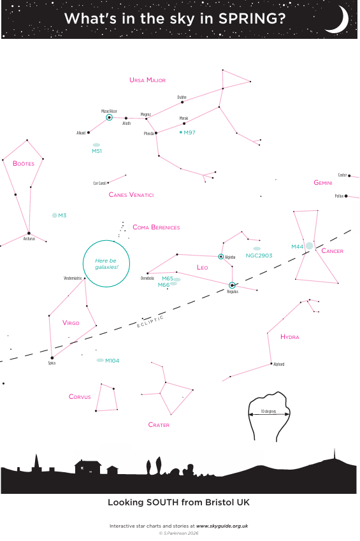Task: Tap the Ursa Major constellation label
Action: click(x=147, y=80)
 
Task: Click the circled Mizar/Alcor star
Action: click(x=109, y=117)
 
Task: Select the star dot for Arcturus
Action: click(x=29, y=233)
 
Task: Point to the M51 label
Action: click(x=97, y=151)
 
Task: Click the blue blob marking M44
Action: click(x=309, y=246)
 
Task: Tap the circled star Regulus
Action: click(x=232, y=285)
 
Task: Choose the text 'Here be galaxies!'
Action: click(x=106, y=264)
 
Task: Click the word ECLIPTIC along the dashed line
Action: click(x=150, y=322)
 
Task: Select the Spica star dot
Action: click(x=52, y=357)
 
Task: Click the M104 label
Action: click(x=112, y=361)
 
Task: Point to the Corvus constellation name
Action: click(x=80, y=397)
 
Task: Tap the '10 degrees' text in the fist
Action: click(x=268, y=411)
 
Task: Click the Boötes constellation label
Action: click(x=24, y=163)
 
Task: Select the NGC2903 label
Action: click(x=259, y=256)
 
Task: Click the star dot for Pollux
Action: click(x=346, y=196)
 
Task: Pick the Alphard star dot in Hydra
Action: click(x=271, y=364)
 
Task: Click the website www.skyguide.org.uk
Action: click(x=222, y=526)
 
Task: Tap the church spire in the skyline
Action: click(x=36, y=461)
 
